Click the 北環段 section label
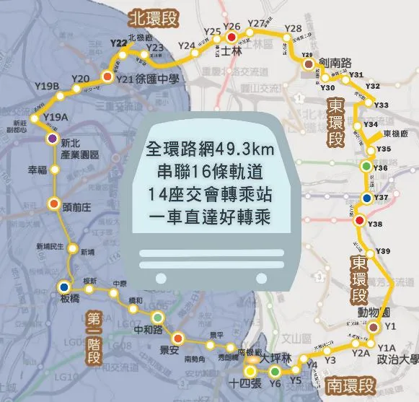[154, 15]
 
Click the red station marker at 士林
[231, 38]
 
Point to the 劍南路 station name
[334, 63]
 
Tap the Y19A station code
[56, 116]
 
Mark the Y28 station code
[293, 29]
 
